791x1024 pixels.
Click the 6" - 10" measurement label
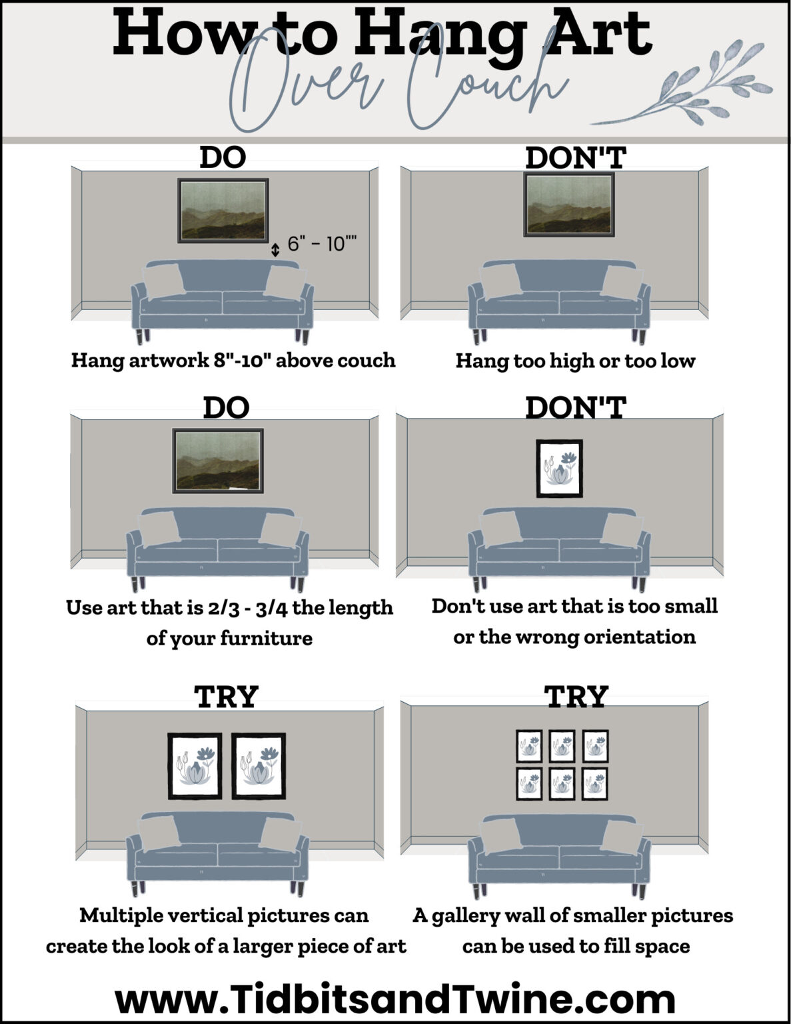(x=322, y=244)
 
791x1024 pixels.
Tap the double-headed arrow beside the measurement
(x=275, y=250)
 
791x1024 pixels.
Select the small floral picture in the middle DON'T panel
(x=560, y=468)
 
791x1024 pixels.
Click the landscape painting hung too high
(x=568, y=204)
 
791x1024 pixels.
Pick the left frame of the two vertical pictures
(x=195, y=765)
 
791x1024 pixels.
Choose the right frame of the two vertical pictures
(x=259, y=765)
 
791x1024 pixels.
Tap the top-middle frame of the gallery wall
(x=562, y=746)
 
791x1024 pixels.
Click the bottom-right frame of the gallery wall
(x=595, y=783)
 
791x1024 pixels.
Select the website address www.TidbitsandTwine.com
(x=395, y=999)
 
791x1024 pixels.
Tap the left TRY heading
(x=227, y=697)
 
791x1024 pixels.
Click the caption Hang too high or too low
(x=575, y=361)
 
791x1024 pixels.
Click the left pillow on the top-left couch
(x=164, y=281)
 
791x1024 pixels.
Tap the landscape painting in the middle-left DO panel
(x=218, y=461)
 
